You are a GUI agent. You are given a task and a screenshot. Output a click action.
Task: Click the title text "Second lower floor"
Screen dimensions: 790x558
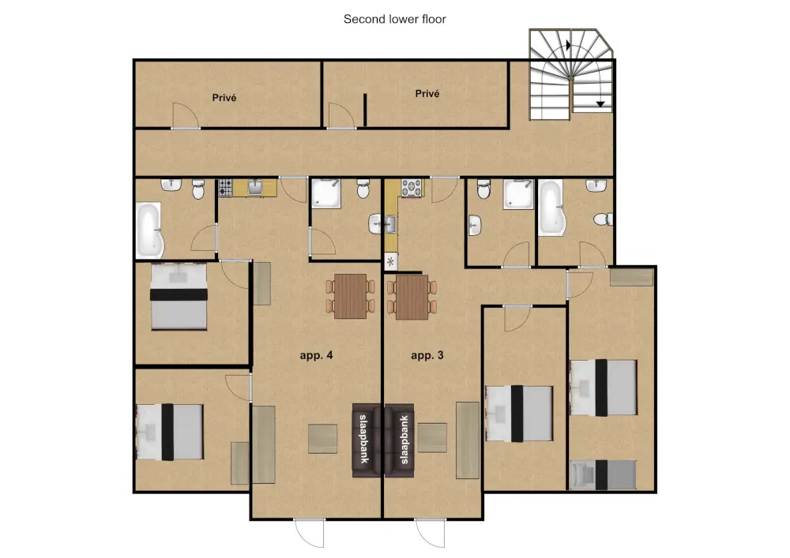(394, 19)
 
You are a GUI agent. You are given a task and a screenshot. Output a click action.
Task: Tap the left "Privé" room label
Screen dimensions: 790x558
(224, 98)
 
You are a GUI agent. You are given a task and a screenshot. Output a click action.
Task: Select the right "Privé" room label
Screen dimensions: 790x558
(427, 94)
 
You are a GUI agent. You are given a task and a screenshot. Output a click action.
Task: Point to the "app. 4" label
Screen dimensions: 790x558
(316, 355)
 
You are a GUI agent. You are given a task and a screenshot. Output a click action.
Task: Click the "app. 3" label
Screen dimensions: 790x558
(427, 355)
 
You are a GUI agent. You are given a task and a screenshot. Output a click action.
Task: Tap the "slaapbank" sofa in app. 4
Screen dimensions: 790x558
(367, 440)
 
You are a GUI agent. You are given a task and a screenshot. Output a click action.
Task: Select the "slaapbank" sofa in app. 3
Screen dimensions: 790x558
(400, 440)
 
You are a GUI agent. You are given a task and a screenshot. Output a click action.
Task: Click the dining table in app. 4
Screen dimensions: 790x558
(351, 296)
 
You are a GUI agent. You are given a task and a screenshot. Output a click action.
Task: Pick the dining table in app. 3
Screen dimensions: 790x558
(412, 297)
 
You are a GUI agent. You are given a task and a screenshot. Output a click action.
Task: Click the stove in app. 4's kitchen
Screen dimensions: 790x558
(225, 188)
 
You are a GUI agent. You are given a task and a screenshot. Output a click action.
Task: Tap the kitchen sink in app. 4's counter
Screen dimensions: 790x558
(255, 188)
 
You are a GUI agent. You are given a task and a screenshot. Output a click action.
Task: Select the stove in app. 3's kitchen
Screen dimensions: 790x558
(411, 188)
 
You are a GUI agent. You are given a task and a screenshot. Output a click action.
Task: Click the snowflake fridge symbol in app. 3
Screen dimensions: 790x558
(390, 262)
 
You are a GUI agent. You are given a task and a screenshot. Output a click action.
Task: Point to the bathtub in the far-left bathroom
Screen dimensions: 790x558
(149, 230)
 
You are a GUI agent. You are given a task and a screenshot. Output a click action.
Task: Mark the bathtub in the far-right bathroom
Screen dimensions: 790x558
(551, 208)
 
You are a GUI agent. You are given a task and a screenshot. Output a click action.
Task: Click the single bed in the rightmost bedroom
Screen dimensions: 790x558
(603, 474)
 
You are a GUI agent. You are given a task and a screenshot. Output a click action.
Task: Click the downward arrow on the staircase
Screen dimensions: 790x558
(600, 104)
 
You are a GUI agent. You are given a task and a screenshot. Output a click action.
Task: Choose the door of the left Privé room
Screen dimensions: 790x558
(186, 116)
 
